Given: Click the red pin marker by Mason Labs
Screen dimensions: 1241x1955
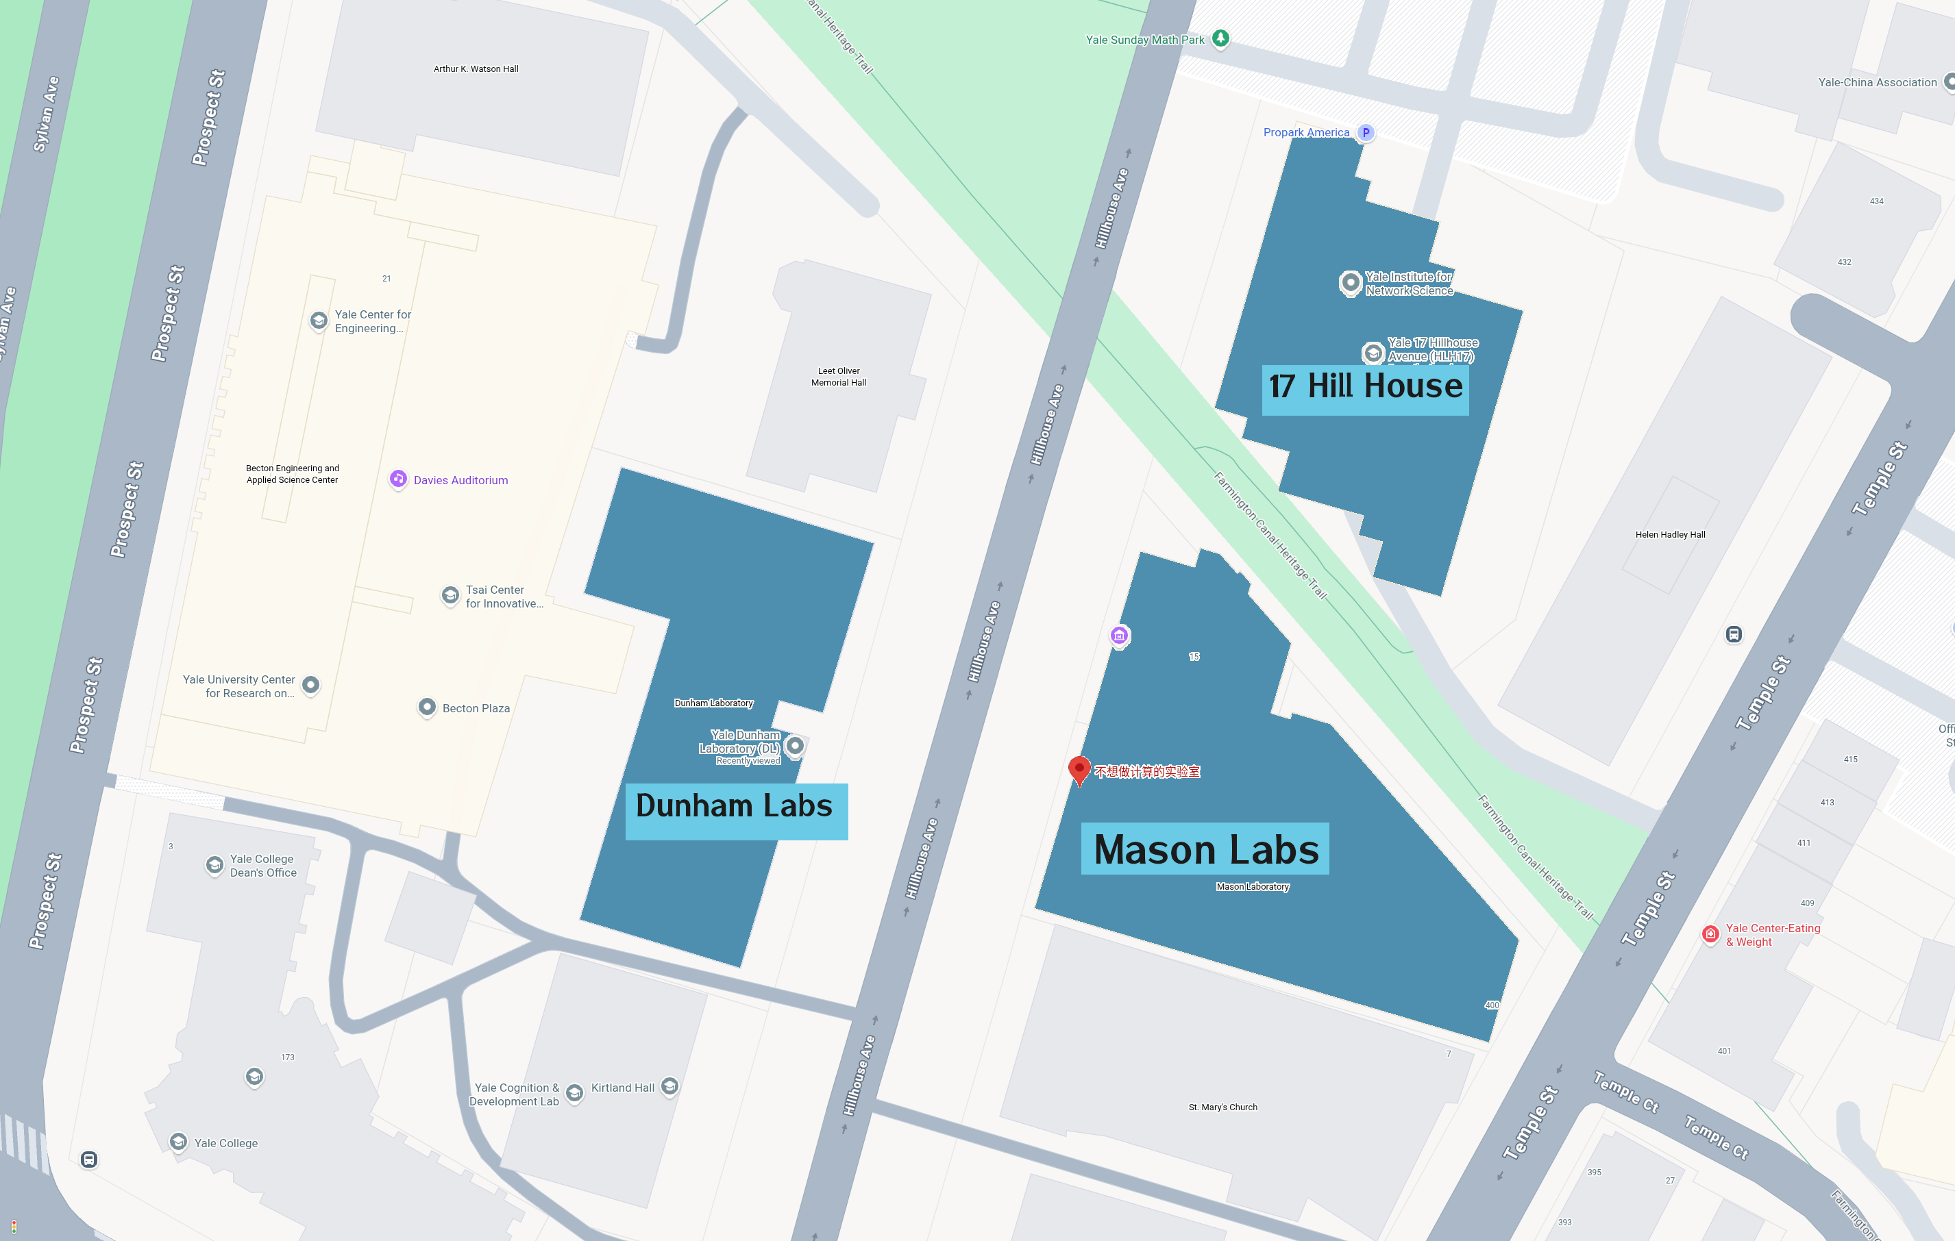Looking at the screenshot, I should click(x=1079, y=768).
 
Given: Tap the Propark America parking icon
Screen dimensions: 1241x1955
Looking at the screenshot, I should click(x=1366, y=132).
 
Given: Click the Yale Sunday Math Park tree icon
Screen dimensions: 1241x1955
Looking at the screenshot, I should click(x=1220, y=38).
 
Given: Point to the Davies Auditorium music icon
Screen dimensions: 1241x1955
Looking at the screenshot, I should click(x=398, y=479).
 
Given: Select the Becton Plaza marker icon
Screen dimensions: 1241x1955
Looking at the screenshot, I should click(x=426, y=707).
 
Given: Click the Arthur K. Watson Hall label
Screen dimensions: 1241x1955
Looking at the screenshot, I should click(x=476, y=69).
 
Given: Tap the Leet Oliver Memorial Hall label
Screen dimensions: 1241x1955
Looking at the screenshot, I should click(x=839, y=377).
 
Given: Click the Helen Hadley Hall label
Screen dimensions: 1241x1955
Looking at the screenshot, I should click(x=1670, y=534).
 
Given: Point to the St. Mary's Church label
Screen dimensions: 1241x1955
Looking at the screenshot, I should click(x=1222, y=1107).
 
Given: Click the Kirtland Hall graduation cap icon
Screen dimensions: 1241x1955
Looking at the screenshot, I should click(x=669, y=1086).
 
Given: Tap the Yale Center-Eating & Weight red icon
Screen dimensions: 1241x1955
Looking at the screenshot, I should click(x=1710, y=934).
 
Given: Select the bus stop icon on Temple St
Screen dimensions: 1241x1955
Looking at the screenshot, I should click(x=1734, y=634).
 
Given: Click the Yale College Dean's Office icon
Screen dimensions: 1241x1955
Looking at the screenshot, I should click(x=214, y=864).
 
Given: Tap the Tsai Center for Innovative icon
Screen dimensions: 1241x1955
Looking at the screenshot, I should click(x=450, y=595).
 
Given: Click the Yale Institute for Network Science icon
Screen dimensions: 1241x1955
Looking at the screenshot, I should click(x=1349, y=282).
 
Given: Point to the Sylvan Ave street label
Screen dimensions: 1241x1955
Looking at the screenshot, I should click(x=47, y=114).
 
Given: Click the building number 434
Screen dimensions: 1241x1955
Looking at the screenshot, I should click(x=1876, y=201).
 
